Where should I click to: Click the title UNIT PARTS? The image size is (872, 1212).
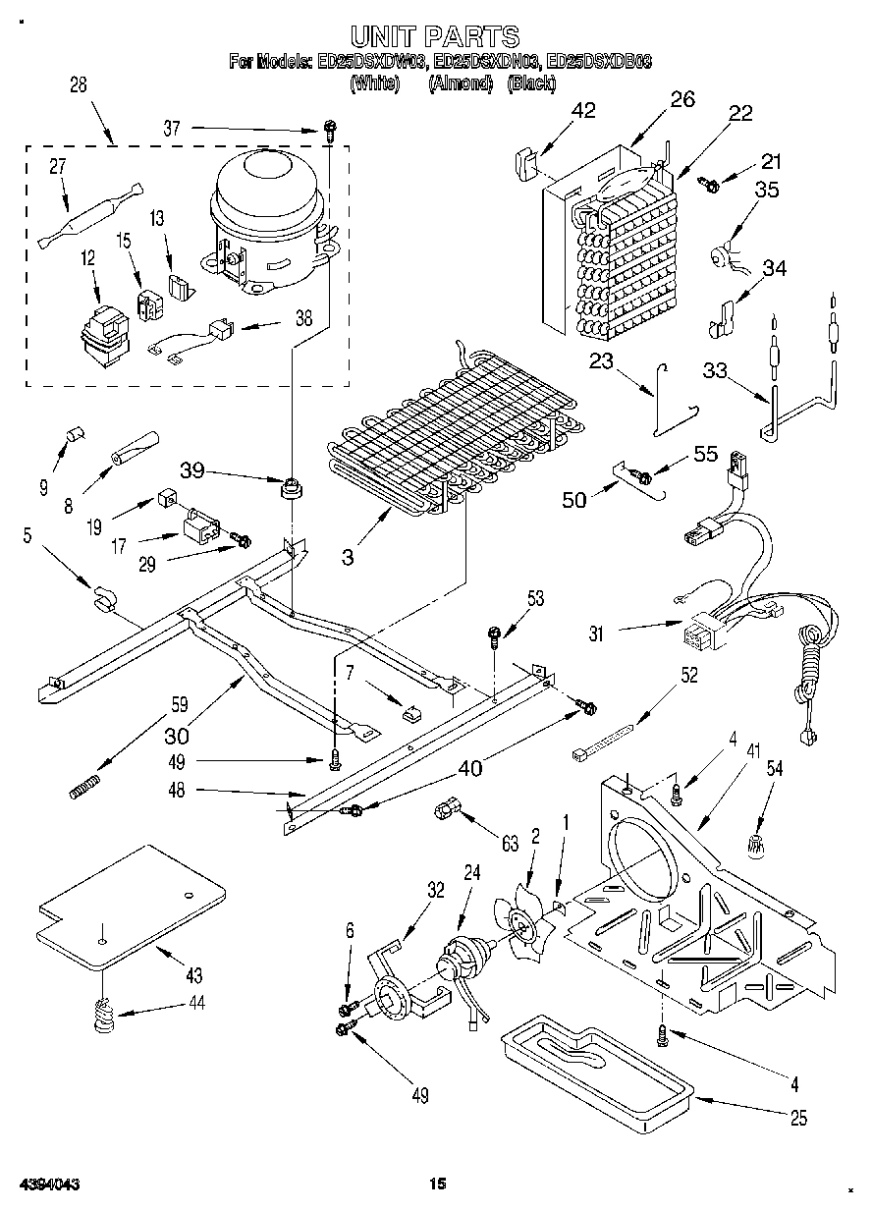coord(435,37)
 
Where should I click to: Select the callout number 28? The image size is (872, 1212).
coord(79,85)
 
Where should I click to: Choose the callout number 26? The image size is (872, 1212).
coord(681,98)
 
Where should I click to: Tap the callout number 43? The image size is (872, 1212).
coord(193,975)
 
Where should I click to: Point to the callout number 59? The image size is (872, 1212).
coord(179,704)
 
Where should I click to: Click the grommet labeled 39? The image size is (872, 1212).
coord(290,487)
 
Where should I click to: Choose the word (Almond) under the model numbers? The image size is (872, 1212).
coord(461,84)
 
